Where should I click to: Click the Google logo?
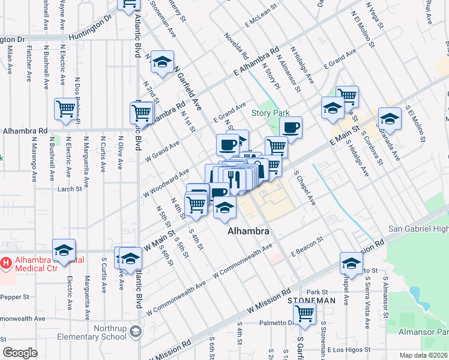click(20, 353)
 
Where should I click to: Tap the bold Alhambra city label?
click(247, 230)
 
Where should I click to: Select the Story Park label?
click(270, 113)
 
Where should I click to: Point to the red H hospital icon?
click(6, 262)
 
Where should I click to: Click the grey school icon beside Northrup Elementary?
click(136, 331)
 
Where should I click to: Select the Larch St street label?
click(69, 189)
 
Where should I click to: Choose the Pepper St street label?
click(15, 297)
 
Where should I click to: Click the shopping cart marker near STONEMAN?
click(305, 312)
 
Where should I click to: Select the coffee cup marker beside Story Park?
click(291, 127)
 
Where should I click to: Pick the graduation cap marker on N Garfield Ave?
click(161, 62)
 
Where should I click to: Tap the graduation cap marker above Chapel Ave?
click(351, 263)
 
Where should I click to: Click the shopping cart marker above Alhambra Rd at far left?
click(65, 109)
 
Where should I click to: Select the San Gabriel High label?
click(418, 229)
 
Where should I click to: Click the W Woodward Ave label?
click(166, 184)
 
